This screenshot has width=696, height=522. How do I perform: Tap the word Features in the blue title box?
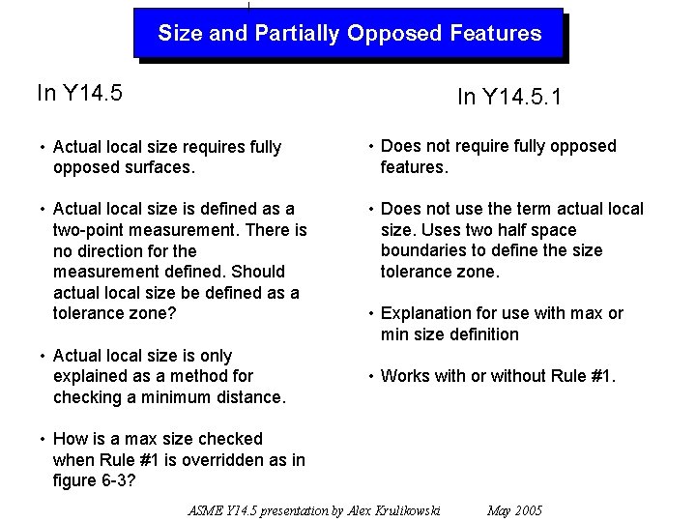click(x=495, y=34)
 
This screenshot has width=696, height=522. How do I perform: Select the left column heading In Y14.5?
click(x=79, y=93)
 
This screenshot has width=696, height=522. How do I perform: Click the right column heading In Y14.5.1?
click(x=509, y=98)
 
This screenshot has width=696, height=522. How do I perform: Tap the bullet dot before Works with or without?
click(x=371, y=377)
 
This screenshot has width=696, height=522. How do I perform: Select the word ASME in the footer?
click(x=205, y=510)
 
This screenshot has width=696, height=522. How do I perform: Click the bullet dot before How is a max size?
click(x=43, y=440)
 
